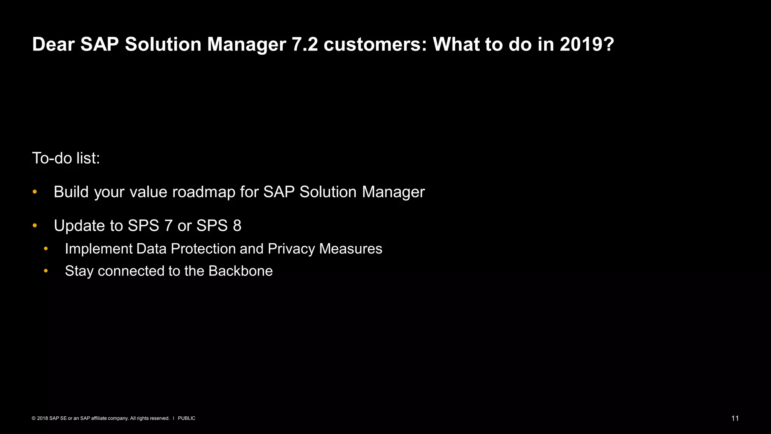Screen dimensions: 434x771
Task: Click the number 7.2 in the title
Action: tap(305, 44)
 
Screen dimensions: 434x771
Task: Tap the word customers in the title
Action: tap(375, 44)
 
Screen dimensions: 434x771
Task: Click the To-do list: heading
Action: tap(66, 158)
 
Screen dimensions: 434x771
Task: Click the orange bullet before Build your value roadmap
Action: tap(35, 192)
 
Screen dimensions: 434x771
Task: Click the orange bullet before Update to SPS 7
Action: tap(35, 226)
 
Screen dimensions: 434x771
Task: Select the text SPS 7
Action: tap(150, 226)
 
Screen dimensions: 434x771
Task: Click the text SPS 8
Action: tap(219, 226)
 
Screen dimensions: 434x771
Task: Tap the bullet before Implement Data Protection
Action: tap(46, 249)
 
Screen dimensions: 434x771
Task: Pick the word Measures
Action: tap(350, 249)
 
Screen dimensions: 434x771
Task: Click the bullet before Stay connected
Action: tap(46, 271)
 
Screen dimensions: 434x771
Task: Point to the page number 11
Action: tap(735, 418)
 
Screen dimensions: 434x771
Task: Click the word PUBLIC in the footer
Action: tap(186, 418)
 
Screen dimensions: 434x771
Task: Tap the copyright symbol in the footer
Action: tap(34, 418)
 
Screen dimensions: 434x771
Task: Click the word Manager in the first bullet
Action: tap(393, 192)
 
